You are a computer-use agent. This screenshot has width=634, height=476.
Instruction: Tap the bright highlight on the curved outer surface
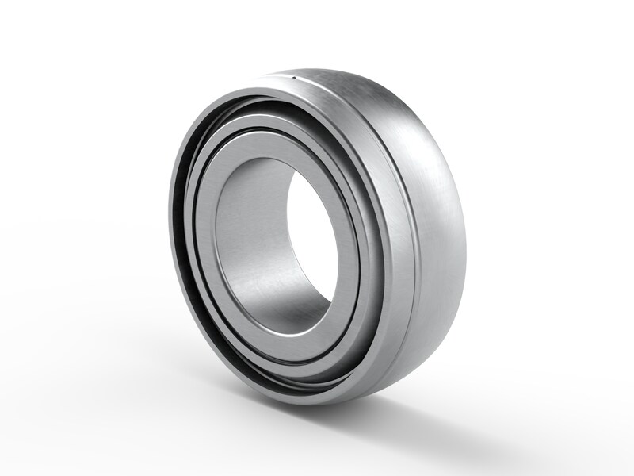coord(412,119)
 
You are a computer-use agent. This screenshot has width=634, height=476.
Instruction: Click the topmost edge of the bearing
coord(317,69)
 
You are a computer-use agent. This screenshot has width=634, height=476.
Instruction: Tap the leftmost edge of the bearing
coord(169,238)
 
